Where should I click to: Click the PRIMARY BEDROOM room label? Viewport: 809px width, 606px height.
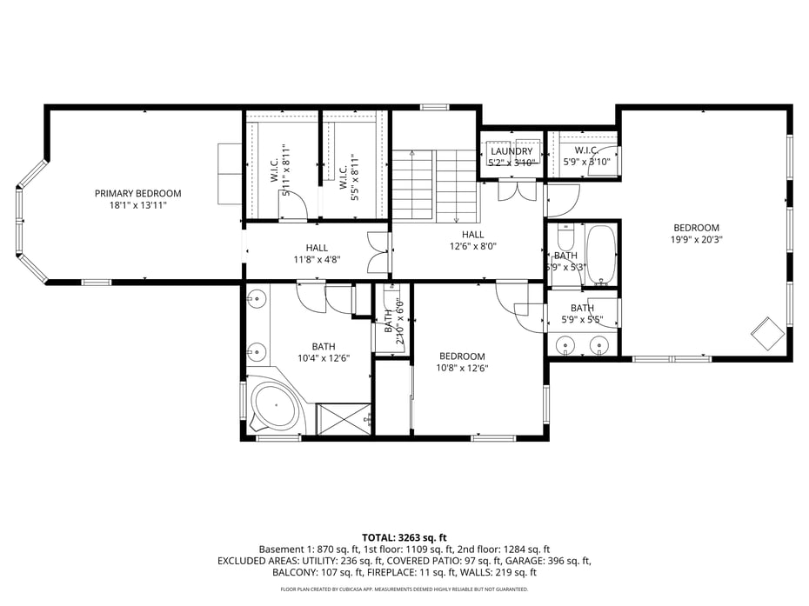(x=137, y=193)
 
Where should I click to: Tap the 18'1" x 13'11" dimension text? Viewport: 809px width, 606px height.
(x=137, y=206)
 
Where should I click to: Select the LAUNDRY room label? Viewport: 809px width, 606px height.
(x=511, y=151)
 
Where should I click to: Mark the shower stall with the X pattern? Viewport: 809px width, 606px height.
(x=344, y=419)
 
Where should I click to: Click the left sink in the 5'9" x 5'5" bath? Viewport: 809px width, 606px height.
(x=567, y=346)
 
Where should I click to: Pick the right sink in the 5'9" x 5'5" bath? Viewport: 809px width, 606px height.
(x=598, y=346)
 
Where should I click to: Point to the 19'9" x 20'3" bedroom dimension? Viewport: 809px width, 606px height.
(x=697, y=240)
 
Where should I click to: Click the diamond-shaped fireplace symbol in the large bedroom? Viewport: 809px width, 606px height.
(x=766, y=332)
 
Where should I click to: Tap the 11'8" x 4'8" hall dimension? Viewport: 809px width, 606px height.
(x=317, y=259)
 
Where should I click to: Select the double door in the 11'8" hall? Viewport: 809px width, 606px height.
(x=378, y=254)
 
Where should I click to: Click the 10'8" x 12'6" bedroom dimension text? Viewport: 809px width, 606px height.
(x=462, y=368)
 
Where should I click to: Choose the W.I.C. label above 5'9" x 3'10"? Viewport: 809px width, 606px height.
(x=583, y=150)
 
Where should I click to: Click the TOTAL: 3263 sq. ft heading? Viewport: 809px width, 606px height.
(x=404, y=537)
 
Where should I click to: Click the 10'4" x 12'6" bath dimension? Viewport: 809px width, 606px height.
(x=323, y=358)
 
